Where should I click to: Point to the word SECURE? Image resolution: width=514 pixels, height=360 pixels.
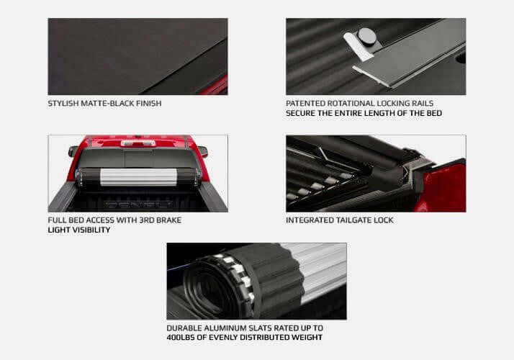tap(301, 113)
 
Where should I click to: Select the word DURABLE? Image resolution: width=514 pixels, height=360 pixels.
tap(184, 328)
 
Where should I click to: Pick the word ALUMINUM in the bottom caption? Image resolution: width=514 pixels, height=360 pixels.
tap(227, 328)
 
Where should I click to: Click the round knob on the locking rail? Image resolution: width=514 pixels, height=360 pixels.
tap(367, 35)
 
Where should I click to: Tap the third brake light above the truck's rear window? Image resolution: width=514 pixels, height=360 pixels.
tap(137, 143)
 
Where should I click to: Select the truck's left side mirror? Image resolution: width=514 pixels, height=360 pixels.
tap(73, 151)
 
